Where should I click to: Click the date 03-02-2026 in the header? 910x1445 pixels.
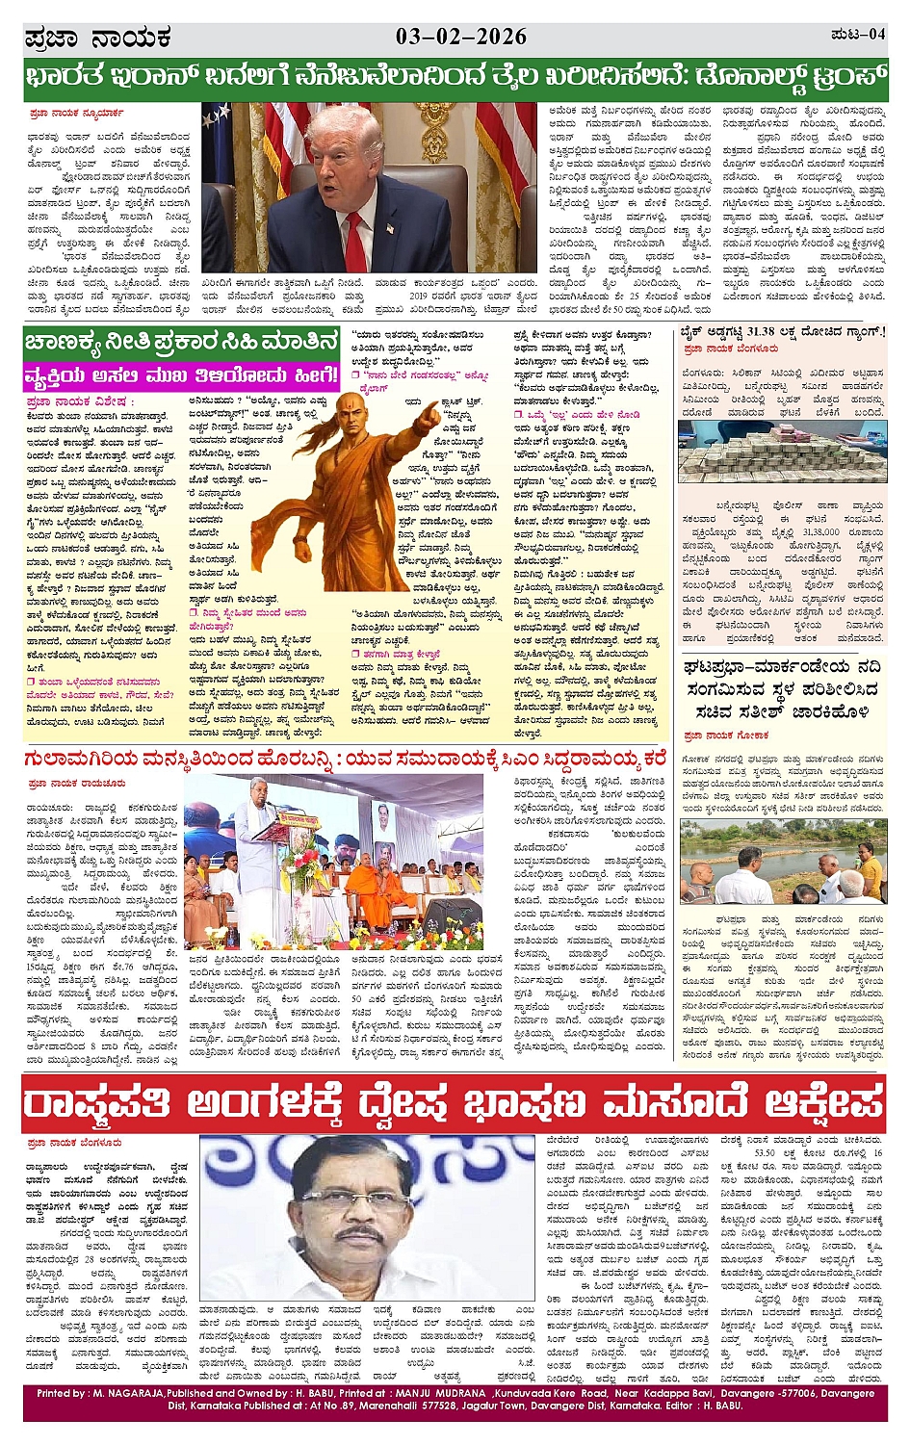(461, 37)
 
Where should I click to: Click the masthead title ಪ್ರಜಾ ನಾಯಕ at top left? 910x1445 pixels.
(96, 39)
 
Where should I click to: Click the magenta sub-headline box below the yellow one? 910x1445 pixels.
(182, 374)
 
